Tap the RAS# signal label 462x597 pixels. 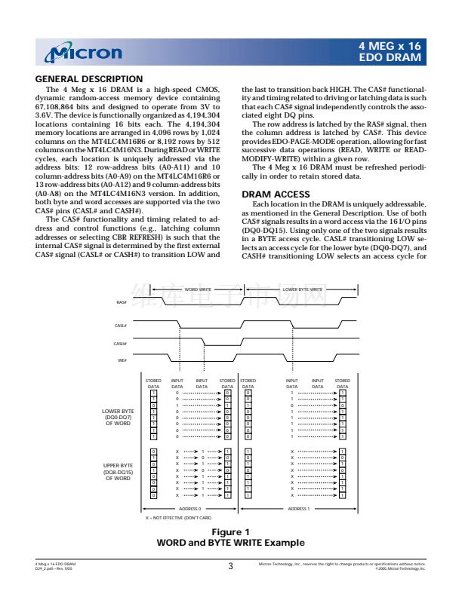click(x=122, y=302)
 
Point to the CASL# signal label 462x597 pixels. click(x=120, y=326)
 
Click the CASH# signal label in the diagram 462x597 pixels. click(x=120, y=343)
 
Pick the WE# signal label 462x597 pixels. click(x=122, y=360)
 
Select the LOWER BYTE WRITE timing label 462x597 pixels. click(x=303, y=289)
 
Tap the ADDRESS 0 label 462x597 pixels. click(x=189, y=509)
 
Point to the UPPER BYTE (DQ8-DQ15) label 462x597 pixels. click(x=118, y=472)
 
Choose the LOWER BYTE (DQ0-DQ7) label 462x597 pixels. click(x=118, y=417)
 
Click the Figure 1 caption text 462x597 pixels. click(x=230, y=532)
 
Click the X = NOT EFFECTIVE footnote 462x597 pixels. click(x=178, y=518)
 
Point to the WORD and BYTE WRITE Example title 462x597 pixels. click(x=230, y=543)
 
